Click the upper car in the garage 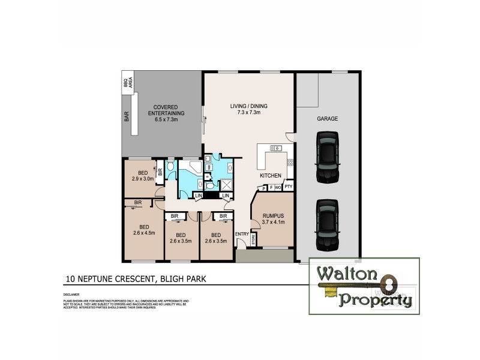pyautogui.click(x=328, y=157)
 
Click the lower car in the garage pyautogui.click(x=328, y=223)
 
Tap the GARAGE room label pyautogui.click(x=328, y=119)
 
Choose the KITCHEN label pyautogui.click(x=271, y=176)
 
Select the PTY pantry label pyautogui.click(x=288, y=187)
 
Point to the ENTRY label pyautogui.click(x=242, y=234)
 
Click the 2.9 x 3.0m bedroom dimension pyautogui.click(x=143, y=178)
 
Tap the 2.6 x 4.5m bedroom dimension pyautogui.click(x=144, y=233)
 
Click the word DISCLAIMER pyautogui.click(x=70, y=296)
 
